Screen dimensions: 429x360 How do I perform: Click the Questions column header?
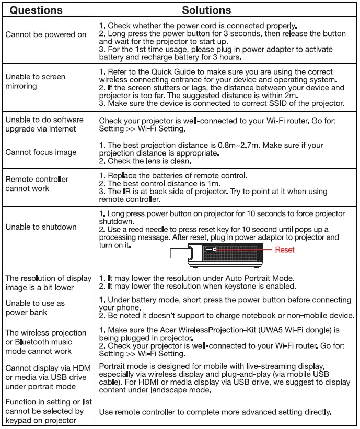(36, 10)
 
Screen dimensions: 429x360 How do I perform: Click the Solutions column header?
(206, 10)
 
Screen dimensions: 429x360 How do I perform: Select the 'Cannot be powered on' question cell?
(46, 34)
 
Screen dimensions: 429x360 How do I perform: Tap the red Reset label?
(285, 249)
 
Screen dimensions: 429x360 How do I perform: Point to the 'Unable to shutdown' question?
(41, 227)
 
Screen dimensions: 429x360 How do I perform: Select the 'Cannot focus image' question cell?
(41, 152)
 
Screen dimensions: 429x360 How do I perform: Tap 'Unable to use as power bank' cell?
(35, 308)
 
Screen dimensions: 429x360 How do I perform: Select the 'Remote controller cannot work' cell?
(37, 184)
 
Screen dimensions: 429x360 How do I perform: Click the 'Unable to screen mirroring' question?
(35, 81)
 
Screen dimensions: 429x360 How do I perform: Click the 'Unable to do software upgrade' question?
(44, 124)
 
